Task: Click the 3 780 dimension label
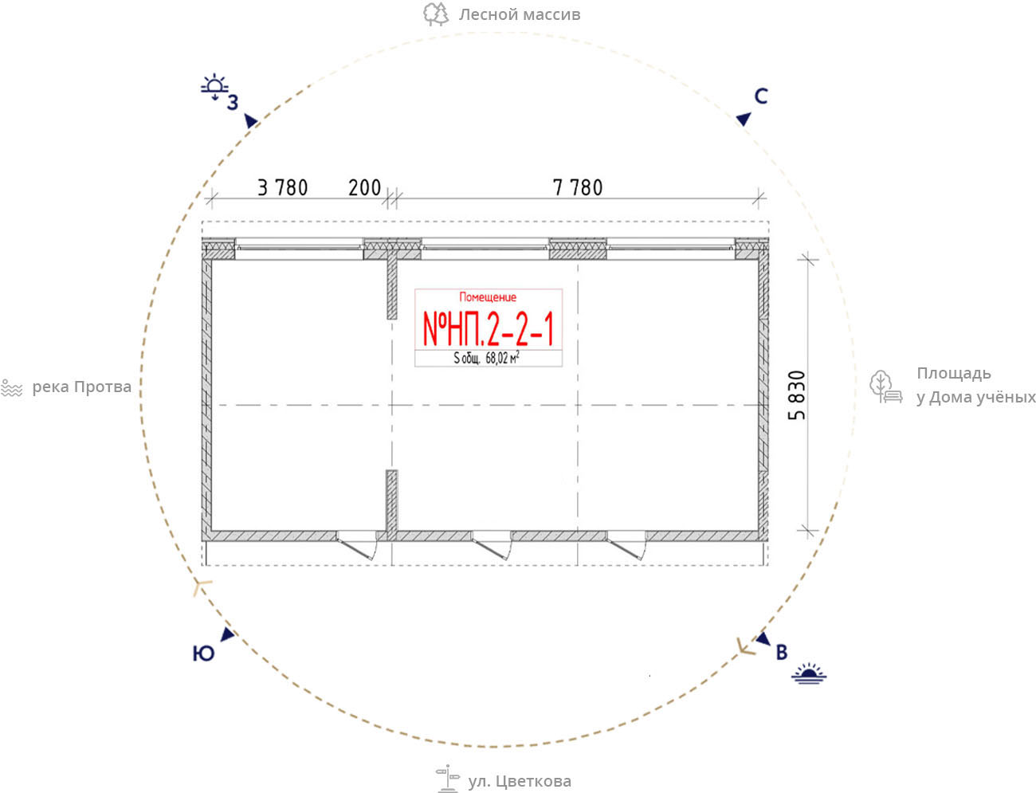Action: pos(283,188)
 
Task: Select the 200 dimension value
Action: pos(364,188)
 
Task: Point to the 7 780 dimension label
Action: pos(578,188)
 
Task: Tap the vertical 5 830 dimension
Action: pos(797,395)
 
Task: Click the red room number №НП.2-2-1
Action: pos(488,329)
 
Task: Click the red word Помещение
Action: pos(488,297)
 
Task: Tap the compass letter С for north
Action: pos(761,96)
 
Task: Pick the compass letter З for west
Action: pos(233,103)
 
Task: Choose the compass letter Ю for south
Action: pos(204,654)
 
